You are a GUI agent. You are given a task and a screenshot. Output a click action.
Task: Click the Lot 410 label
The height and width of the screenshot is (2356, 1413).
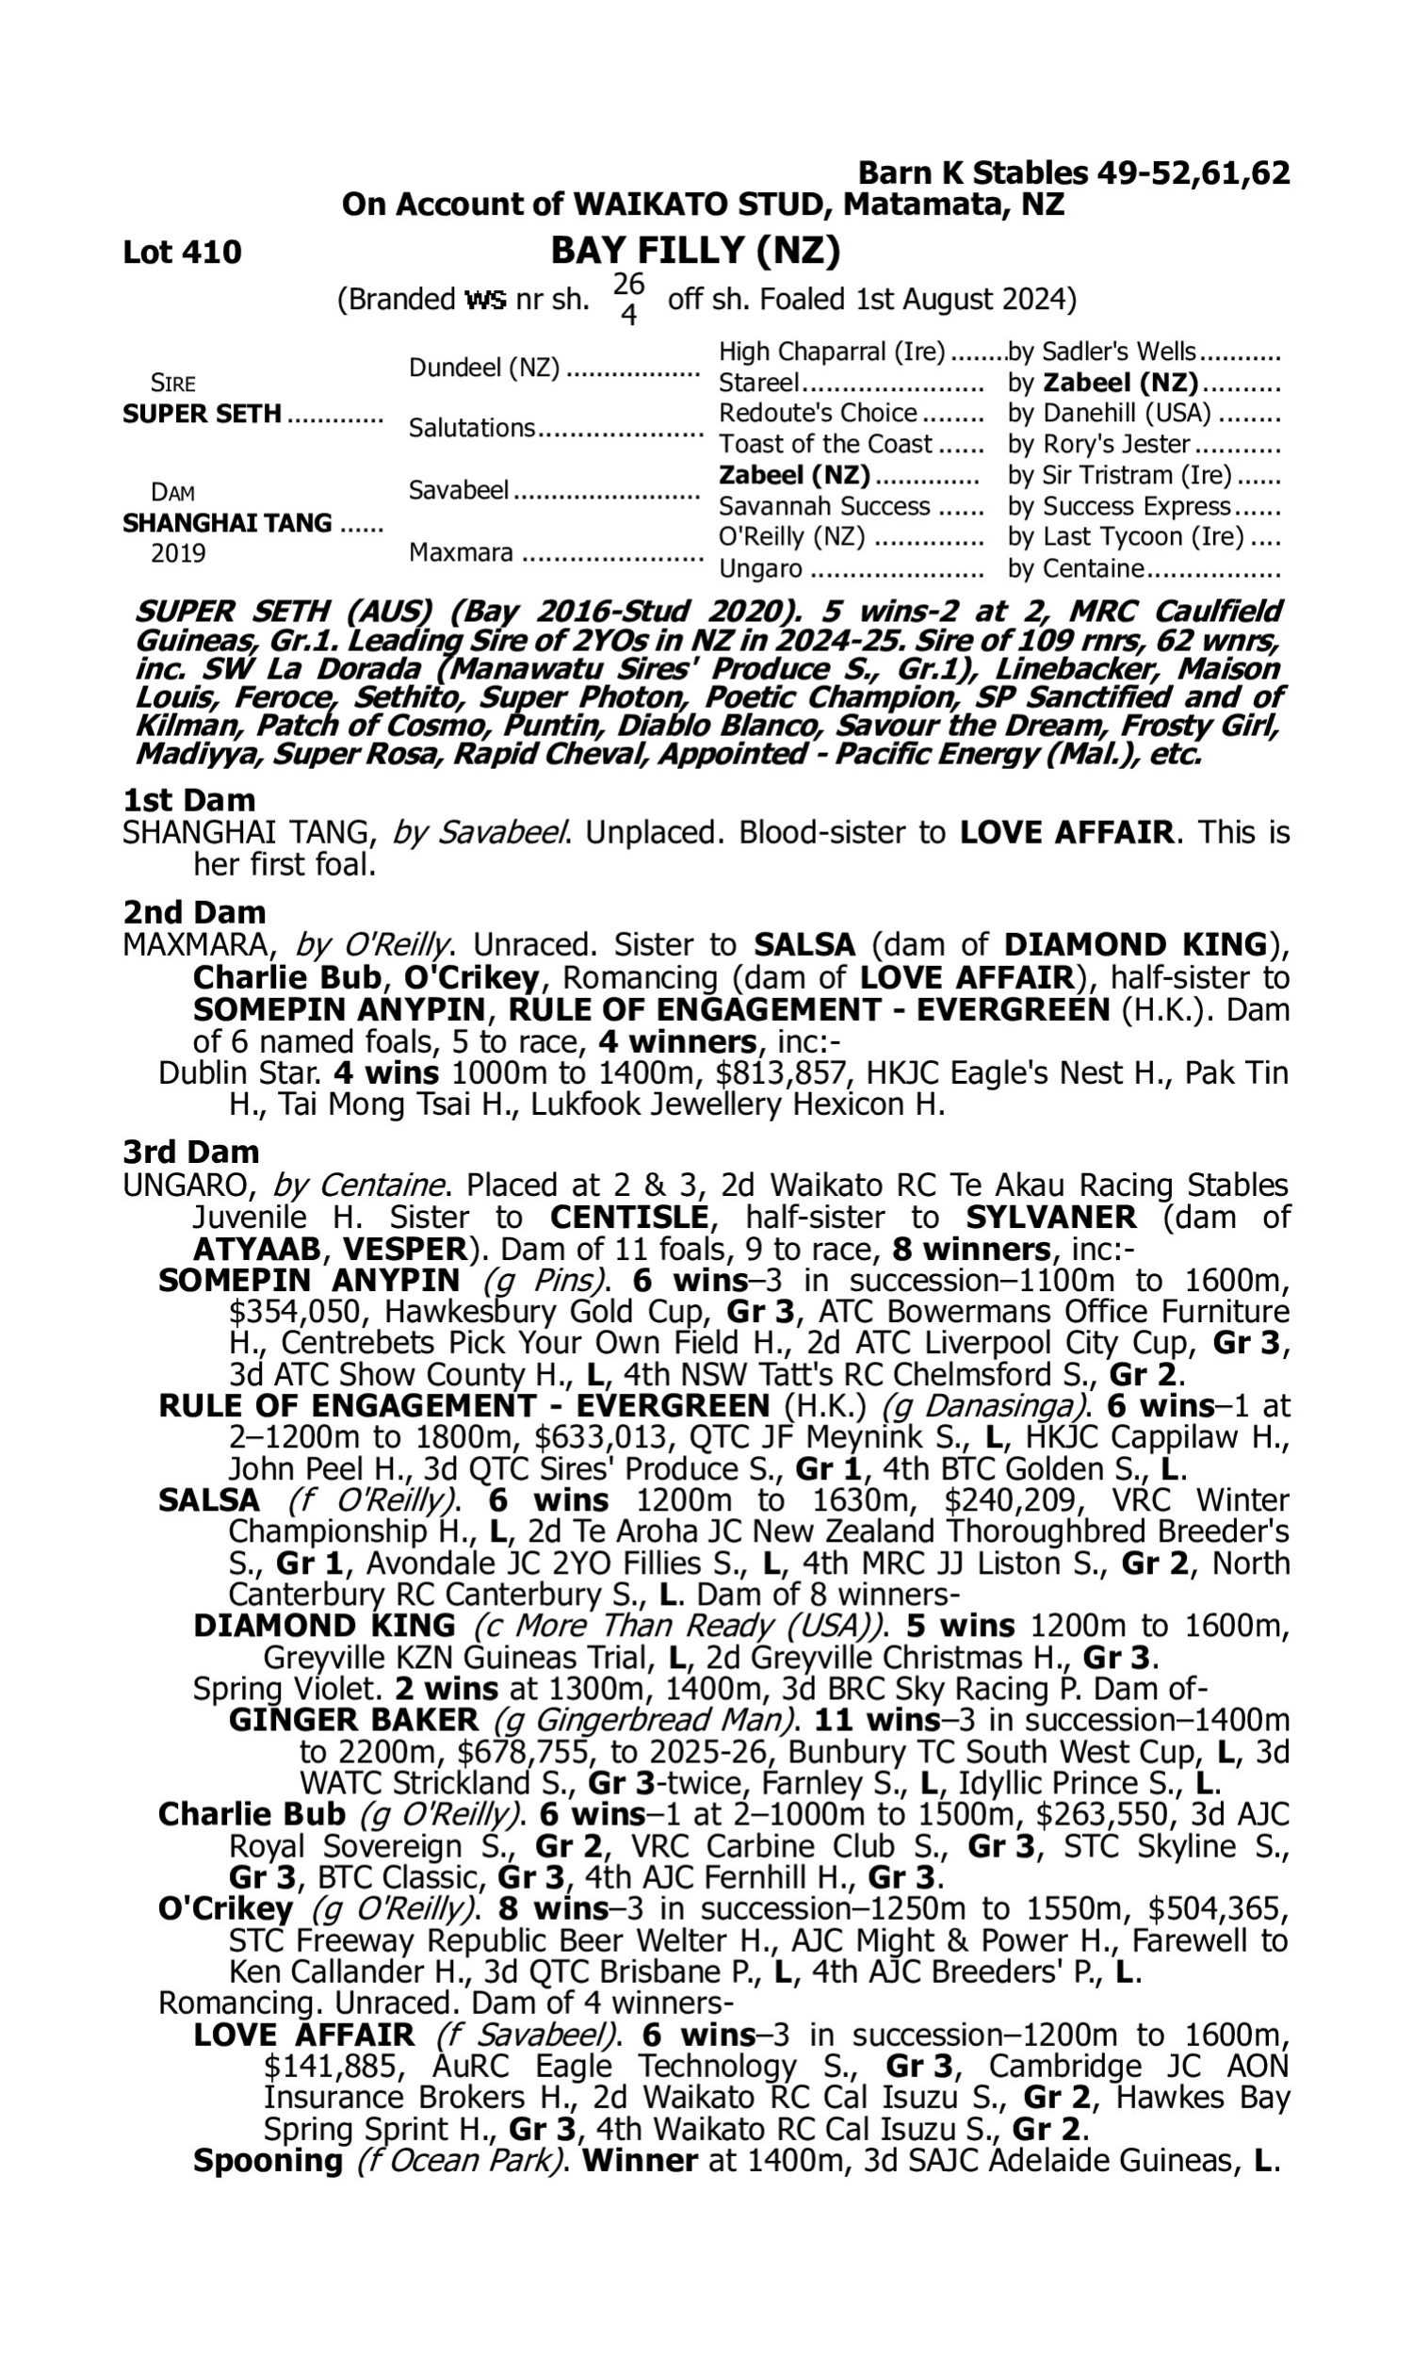pyautogui.click(x=182, y=253)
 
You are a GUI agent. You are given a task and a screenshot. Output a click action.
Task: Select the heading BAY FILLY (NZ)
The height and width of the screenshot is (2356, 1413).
pyautogui.click(x=695, y=251)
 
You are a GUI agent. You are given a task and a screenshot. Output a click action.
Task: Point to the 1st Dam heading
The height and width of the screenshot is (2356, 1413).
pyautogui.click(x=189, y=799)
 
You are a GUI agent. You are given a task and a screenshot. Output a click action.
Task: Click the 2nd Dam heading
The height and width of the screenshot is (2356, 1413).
pyautogui.click(x=194, y=911)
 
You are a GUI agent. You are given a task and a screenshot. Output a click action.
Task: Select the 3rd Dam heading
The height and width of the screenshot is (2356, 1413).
pyautogui.click(x=191, y=1152)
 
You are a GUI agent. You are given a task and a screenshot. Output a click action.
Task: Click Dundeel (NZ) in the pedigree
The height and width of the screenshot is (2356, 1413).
pyautogui.click(x=483, y=368)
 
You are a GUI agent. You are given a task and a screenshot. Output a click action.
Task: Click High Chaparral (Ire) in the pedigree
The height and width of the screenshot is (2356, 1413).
pyautogui.click(x=831, y=352)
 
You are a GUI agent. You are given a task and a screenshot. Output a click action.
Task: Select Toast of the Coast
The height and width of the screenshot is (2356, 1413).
pyautogui.click(x=825, y=444)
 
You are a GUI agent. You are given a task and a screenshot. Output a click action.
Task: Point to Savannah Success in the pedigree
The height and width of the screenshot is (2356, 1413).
pyautogui.click(x=823, y=506)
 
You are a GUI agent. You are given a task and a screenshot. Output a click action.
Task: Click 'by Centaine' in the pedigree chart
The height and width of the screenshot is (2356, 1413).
pyautogui.click(x=1075, y=568)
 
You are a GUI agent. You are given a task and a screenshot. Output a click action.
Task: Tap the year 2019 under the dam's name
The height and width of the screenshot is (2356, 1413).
pyautogui.click(x=178, y=553)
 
